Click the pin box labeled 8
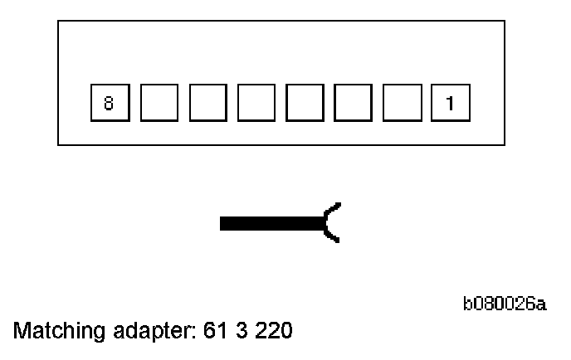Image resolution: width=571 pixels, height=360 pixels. point(108,104)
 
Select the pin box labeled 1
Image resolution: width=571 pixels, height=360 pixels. point(450,104)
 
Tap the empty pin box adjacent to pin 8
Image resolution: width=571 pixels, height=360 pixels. point(157,104)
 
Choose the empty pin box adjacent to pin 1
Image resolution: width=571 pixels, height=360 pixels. point(401,104)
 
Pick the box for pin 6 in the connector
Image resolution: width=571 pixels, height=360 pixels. point(206,104)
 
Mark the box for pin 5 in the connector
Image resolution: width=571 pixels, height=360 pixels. point(255,104)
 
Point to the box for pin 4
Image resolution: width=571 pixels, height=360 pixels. point(303,104)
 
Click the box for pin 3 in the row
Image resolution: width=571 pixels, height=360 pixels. point(352,104)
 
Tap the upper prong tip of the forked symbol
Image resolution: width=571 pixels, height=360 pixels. point(338,204)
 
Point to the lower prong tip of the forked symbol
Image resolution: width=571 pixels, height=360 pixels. point(338,241)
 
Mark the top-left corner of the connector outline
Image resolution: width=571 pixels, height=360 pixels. point(58,22)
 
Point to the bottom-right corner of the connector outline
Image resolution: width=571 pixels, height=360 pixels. point(505,146)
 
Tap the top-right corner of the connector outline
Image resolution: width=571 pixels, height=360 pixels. point(505,22)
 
